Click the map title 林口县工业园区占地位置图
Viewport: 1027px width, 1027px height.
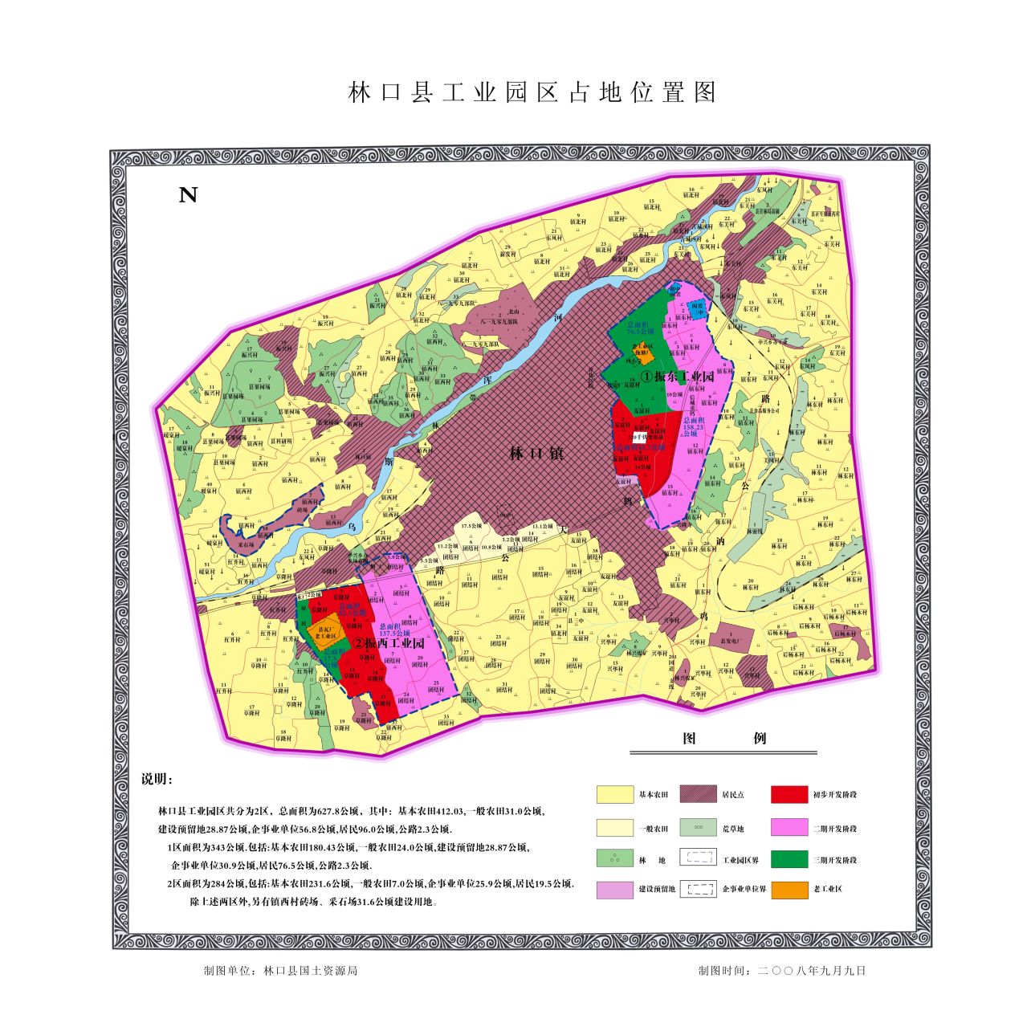click(532, 92)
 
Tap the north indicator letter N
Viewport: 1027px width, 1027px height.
click(188, 195)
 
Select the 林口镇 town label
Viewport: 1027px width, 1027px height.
click(536, 454)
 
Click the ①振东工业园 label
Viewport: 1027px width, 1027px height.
click(677, 377)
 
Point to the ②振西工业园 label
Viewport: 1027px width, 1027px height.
click(388, 643)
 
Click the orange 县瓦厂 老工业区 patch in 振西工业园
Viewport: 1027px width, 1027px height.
click(324, 635)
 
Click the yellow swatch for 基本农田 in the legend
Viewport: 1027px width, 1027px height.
click(614, 794)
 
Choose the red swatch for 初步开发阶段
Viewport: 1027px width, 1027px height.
click(789, 794)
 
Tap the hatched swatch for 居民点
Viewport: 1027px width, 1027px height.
click(698, 794)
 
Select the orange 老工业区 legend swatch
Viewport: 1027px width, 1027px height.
click(789, 889)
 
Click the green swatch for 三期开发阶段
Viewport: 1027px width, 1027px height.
click(789, 859)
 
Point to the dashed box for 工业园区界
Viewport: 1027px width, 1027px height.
click(698, 858)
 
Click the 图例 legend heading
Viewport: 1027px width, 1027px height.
click(723, 739)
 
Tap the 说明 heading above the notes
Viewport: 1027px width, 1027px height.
click(157, 780)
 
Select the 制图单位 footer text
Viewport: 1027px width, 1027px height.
click(281, 970)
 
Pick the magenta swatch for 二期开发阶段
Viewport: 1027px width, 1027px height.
click(789, 828)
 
